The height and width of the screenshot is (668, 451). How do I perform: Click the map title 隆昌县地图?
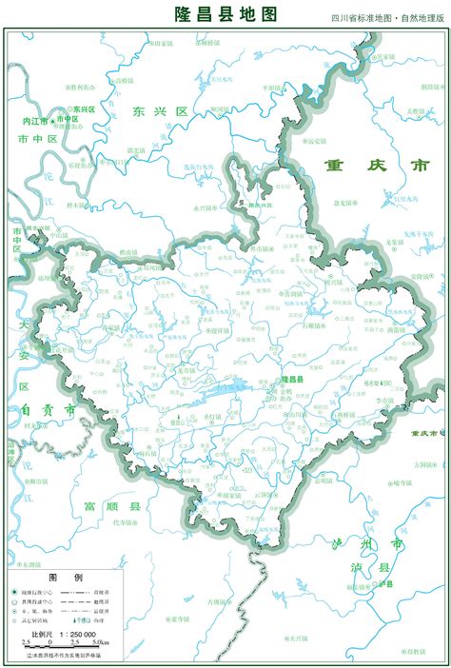tap(225, 13)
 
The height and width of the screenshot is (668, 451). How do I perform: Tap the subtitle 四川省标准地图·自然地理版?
tap(387, 18)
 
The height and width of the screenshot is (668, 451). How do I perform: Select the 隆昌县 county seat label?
tap(291, 379)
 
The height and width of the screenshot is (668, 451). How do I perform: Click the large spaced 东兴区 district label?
tap(161, 111)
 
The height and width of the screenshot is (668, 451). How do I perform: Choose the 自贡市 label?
tap(45, 409)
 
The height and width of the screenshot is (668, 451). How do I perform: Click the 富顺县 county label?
tap(112, 505)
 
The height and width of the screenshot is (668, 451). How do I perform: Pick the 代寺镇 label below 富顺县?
tap(124, 522)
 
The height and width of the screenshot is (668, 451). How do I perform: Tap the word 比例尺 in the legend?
tap(42, 633)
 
